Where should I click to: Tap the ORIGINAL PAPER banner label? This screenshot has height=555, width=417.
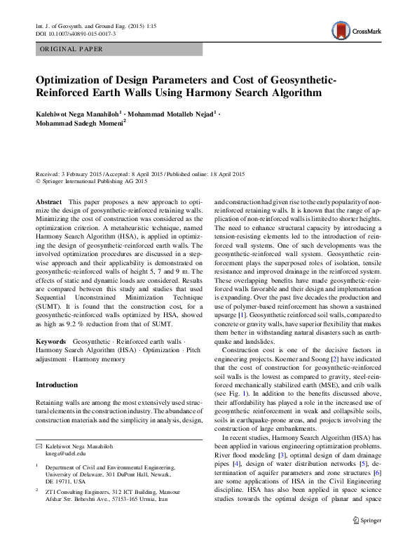pos(71,49)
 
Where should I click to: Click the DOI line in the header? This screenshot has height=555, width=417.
pos(76,34)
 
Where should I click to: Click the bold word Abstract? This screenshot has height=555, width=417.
pos(48,201)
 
